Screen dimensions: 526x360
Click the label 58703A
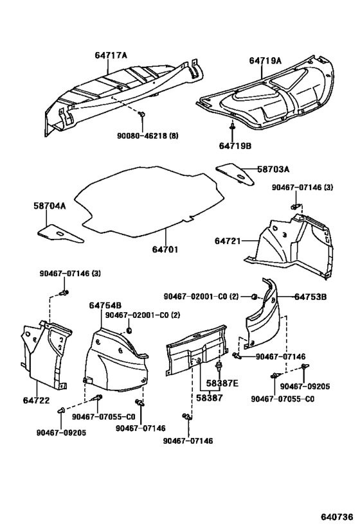pos(273,169)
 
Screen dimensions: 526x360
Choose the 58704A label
pos(50,206)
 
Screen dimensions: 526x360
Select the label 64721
pos(228,241)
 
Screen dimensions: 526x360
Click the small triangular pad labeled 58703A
pos(234,171)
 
